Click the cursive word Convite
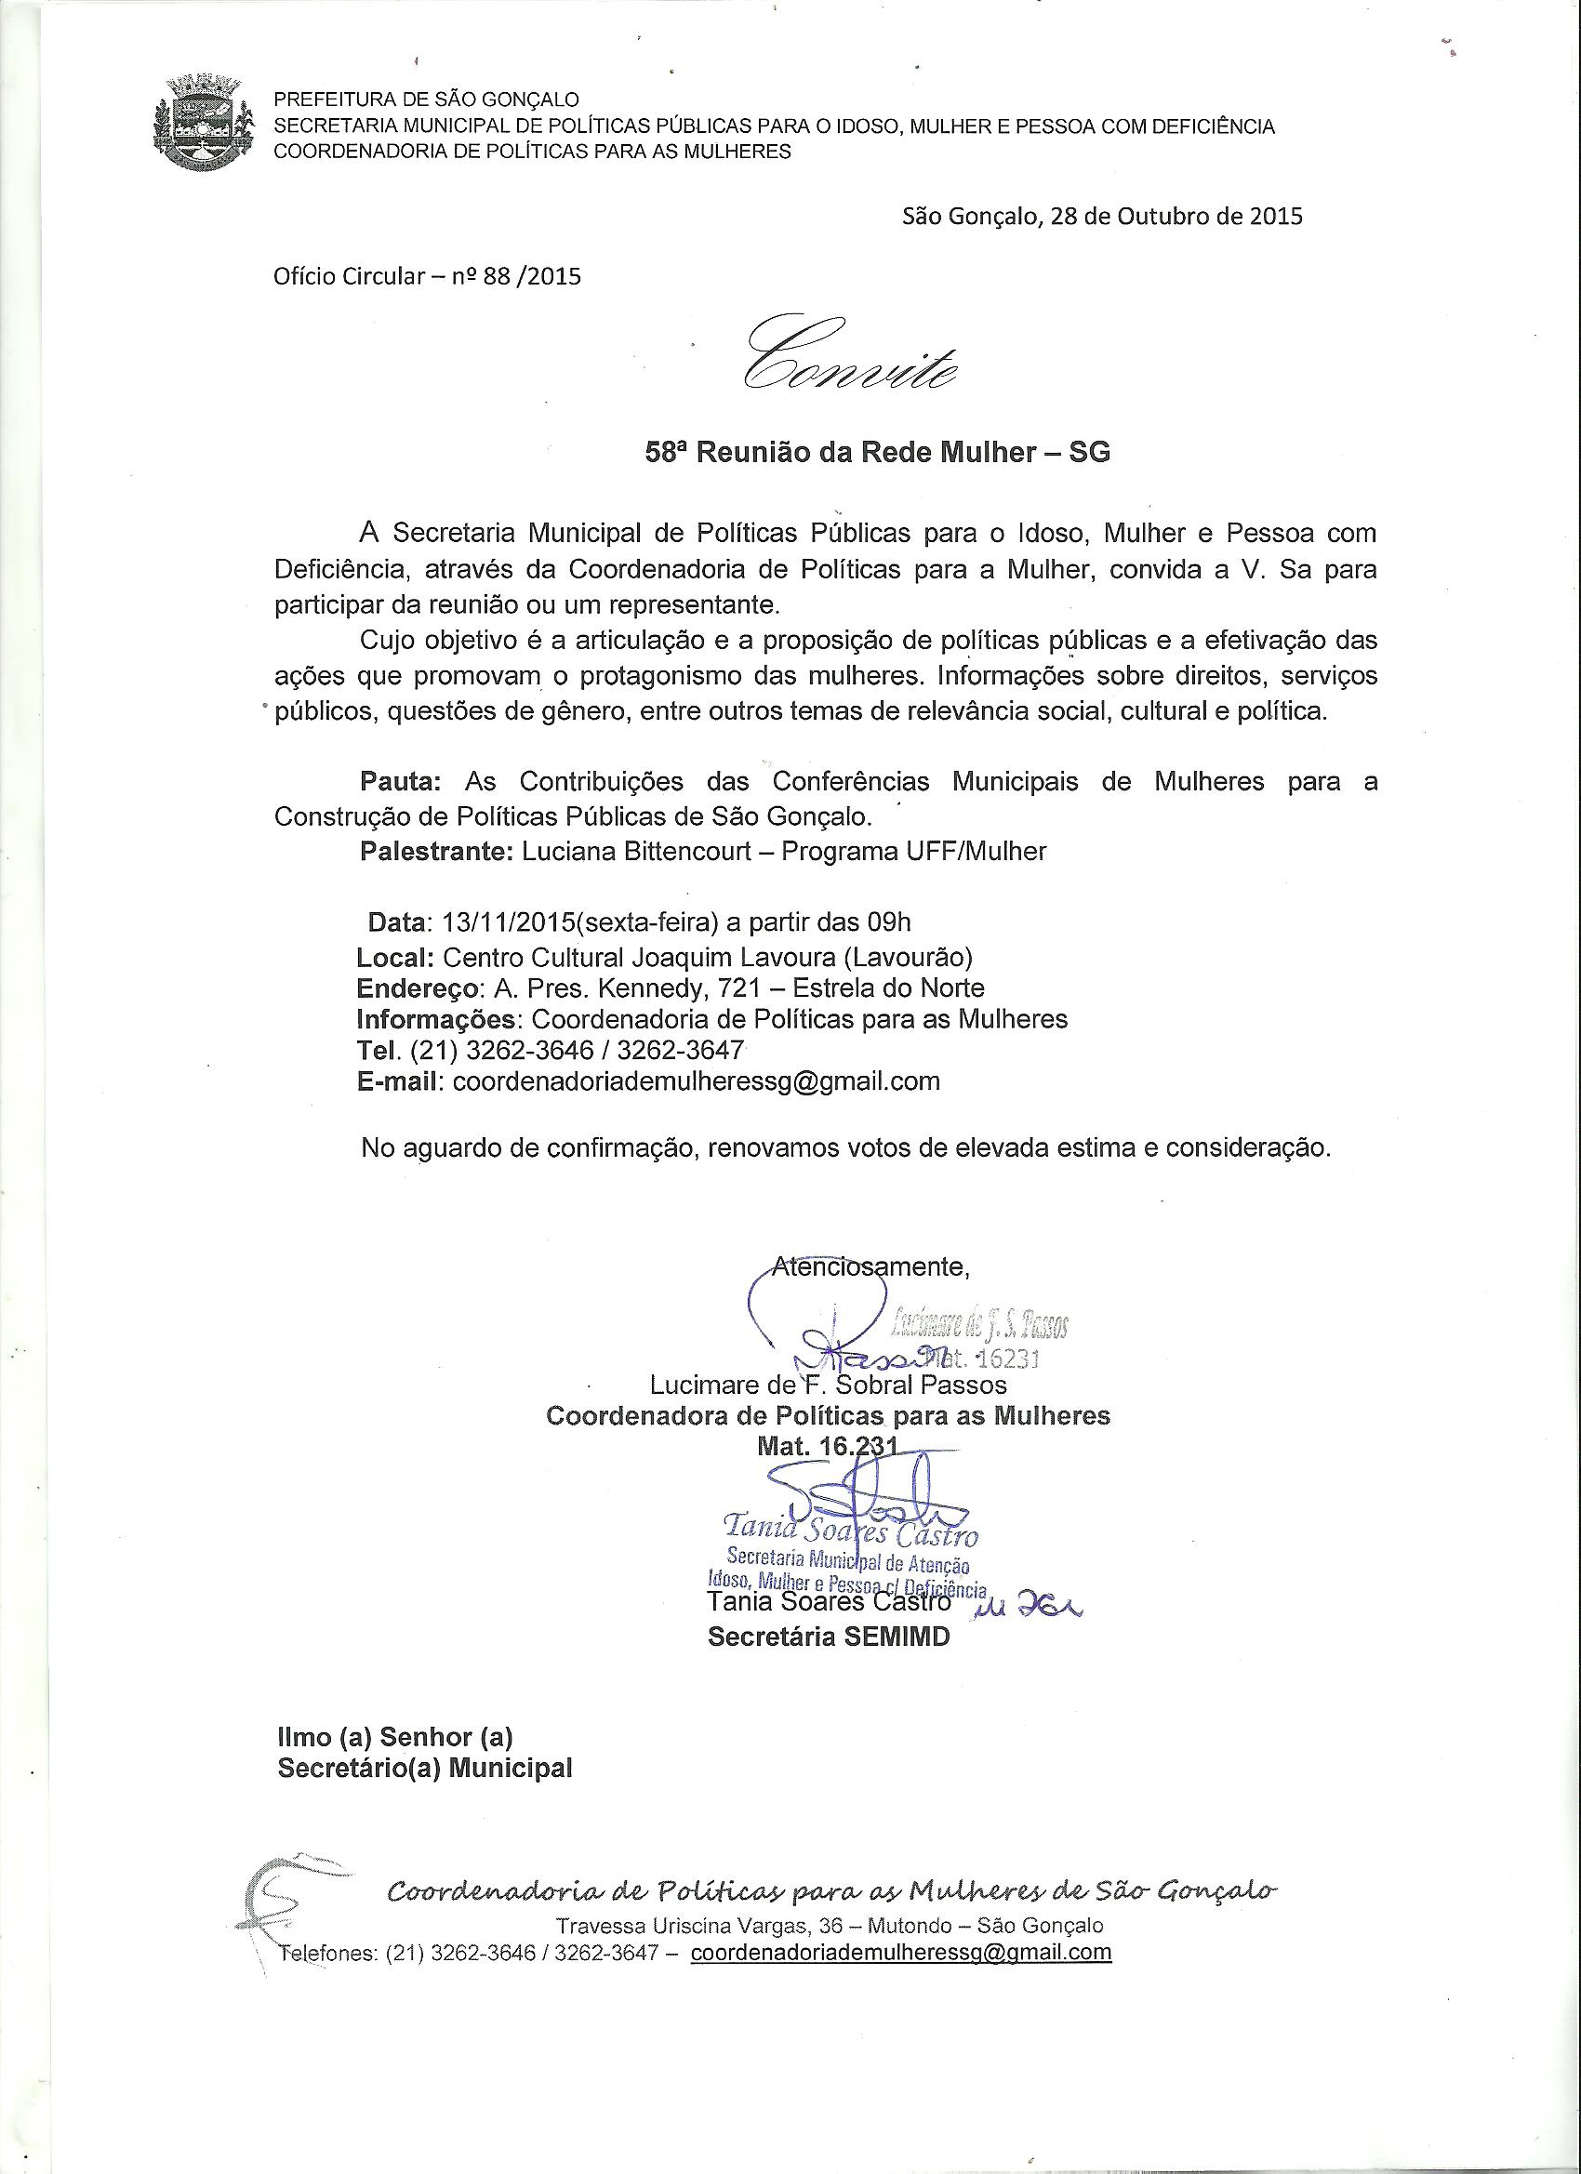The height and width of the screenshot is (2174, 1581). [848, 354]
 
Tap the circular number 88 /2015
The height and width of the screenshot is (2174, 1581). [534, 278]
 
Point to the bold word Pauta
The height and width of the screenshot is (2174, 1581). [400, 781]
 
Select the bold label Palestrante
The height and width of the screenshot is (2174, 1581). [436, 851]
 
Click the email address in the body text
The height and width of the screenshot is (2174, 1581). [696, 1081]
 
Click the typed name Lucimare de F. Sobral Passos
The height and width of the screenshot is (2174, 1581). [829, 1385]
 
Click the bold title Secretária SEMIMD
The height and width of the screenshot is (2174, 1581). [829, 1637]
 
